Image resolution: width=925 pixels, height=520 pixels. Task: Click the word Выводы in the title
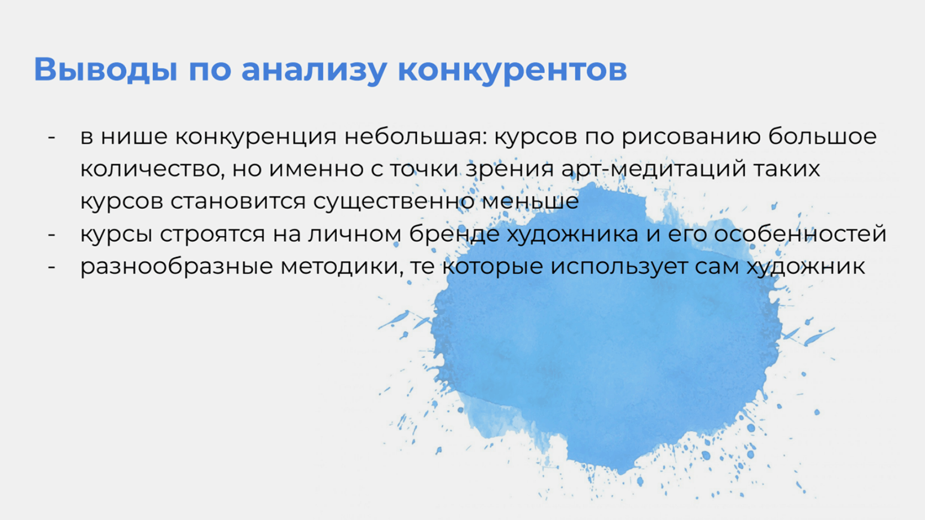coord(106,69)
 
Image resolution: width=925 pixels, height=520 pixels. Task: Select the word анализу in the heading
coord(314,71)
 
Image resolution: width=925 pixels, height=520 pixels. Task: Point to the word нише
coord(134,136)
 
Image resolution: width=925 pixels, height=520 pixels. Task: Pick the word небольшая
coord(413,136)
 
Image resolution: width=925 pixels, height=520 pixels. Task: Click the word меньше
coord(530,201)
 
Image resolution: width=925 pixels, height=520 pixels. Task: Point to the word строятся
coord(212,235)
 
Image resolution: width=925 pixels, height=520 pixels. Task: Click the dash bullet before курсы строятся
coord(52,235)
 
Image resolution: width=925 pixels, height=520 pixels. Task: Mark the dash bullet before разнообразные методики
coord(52,267)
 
